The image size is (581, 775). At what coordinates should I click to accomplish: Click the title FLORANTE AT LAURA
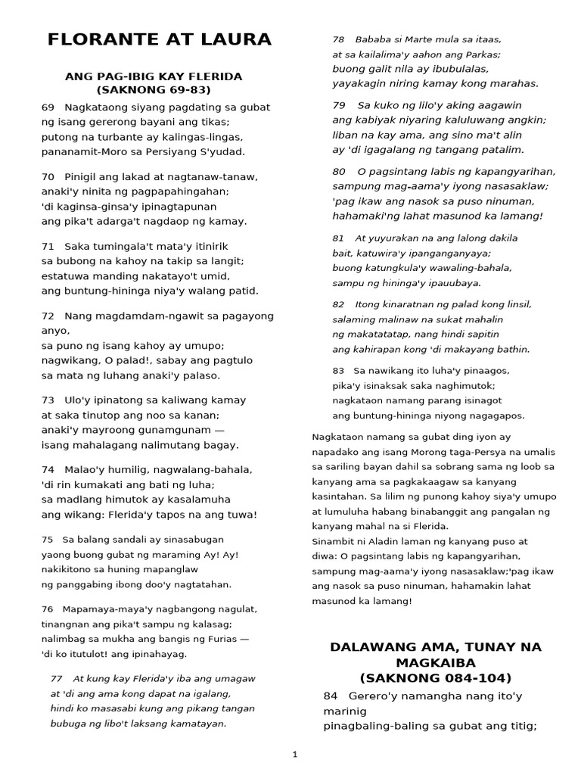click(159, 39)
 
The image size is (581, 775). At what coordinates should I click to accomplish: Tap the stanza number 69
click(48, 107)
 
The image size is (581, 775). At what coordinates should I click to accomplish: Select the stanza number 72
click(48, 316)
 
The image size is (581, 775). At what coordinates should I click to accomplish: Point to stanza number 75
click(47, 540)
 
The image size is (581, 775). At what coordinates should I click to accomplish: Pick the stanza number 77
click(56, 679)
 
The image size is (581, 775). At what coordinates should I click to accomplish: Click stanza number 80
click(339, 172)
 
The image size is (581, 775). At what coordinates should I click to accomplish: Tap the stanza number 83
click(338, 371)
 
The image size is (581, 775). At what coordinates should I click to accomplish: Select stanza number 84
click(330, 696)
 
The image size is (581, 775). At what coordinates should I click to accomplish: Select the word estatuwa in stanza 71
click(64, 276)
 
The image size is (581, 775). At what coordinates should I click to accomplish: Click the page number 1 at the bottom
click(295, 755)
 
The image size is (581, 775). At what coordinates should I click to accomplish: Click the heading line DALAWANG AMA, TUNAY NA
click(435, 647)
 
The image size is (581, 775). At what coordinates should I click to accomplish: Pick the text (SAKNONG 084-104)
click(435, 677)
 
